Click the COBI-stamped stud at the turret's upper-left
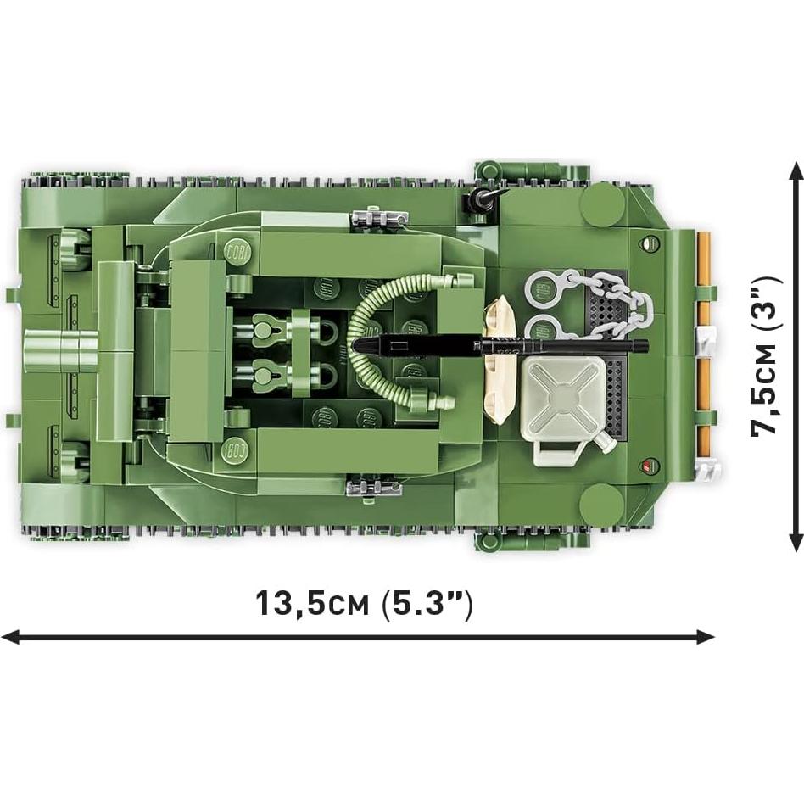coord(233,252)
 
